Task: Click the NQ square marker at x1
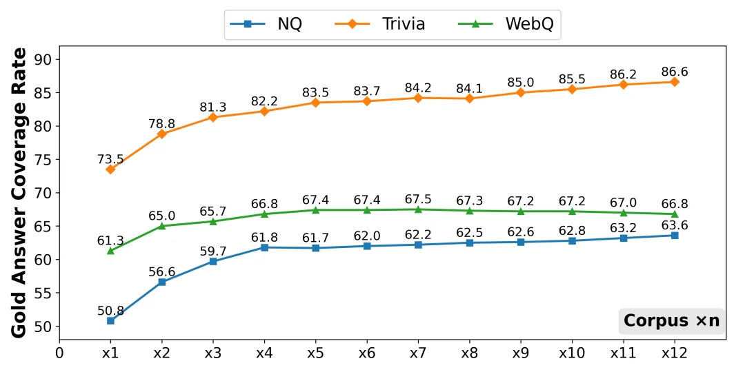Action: point(110,320)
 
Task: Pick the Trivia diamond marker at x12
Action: point(675,82)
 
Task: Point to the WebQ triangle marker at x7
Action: point(418,209)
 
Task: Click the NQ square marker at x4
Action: point(264,247)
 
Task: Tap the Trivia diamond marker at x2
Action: point(161,134)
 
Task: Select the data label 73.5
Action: point(110,160)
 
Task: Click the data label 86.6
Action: point(675,72)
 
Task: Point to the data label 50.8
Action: point(110,310)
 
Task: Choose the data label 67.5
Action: point(418,199)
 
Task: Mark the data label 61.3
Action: point(110,240)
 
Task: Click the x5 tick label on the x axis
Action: point(315,353)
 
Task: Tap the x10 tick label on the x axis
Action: point(572,353)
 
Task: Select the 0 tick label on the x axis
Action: point(59,353)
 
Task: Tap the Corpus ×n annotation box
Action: point(671,321)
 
